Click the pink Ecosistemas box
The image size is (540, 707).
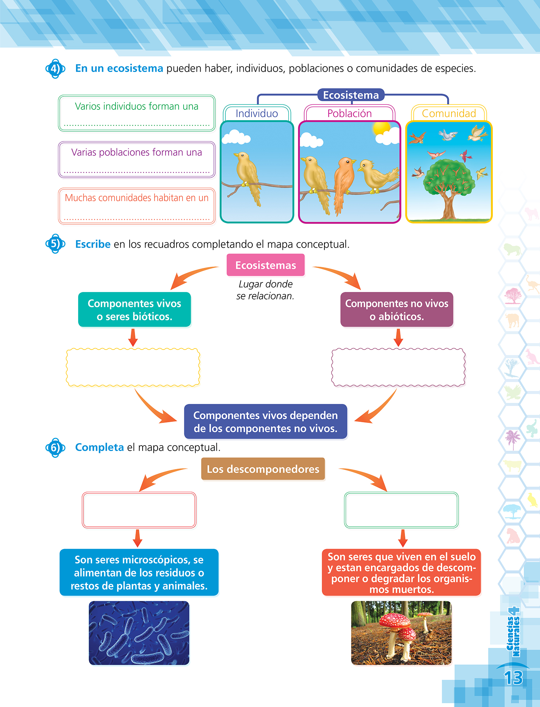point(266,265)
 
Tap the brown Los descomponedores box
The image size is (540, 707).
point(263,469)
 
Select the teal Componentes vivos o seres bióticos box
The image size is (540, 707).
point(135,310)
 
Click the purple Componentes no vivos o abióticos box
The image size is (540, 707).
point(397,310)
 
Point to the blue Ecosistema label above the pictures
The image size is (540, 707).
point(351,95)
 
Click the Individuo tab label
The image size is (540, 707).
point(257,113)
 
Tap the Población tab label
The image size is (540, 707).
point(350,113)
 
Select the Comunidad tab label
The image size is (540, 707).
point(449,113)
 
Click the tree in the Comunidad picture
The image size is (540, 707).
point(448,184)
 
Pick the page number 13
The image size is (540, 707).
point(513,678)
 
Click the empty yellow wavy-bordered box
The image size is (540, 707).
point(133,367)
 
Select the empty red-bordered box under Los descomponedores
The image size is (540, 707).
point(139,510)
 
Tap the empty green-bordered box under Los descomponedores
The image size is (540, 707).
point(401,510)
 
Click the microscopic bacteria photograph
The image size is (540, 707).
point(139,633)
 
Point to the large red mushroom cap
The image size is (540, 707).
point(394,620)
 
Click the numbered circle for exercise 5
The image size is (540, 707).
point(55,244)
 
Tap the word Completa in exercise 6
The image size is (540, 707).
point(99,447)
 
